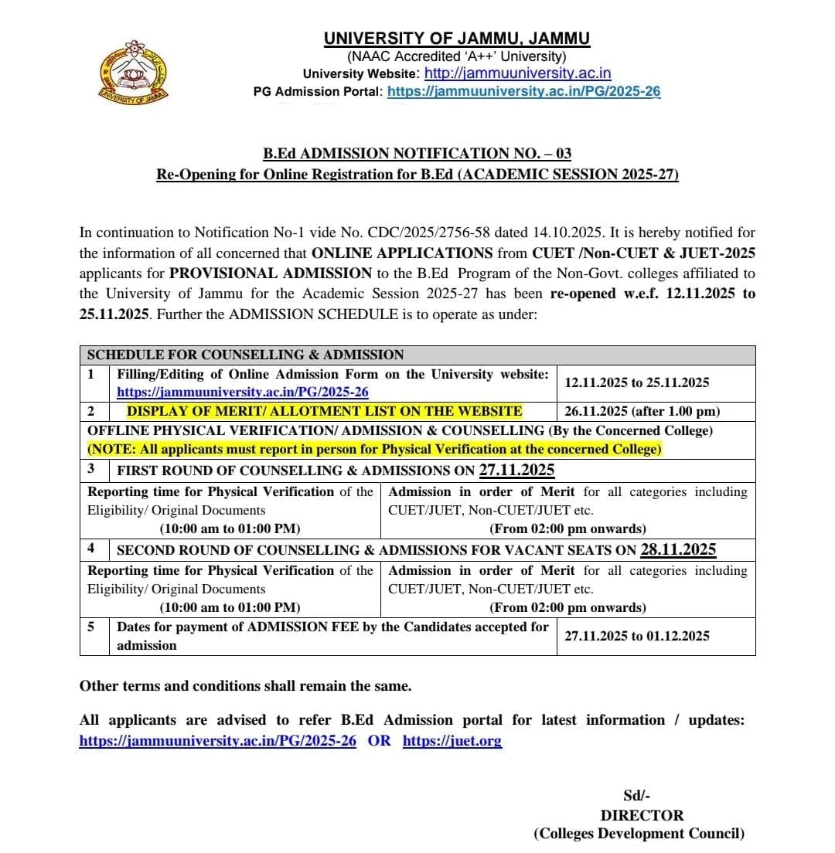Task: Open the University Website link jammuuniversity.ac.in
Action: [518, 73]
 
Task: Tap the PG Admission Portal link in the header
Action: [523, 91]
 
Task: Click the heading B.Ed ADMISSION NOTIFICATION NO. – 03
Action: [417, 154]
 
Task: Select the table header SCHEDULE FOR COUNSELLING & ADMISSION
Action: [245, 355]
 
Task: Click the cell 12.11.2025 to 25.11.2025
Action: [636, 382]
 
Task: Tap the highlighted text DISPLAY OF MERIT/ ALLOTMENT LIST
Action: [324, 411]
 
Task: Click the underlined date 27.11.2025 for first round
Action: [516, 470]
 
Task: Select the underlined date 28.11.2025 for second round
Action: [678, 549]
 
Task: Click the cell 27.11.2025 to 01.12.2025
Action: [636, 636]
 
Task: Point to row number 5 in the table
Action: [91, 627]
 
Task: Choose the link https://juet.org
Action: [452, 740]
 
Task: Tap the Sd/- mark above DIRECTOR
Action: [632, 796]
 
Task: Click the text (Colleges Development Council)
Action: [639, 834]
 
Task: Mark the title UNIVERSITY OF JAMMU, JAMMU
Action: [456, 39]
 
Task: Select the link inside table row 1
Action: [242, 392]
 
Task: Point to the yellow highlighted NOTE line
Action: [374, 449]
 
